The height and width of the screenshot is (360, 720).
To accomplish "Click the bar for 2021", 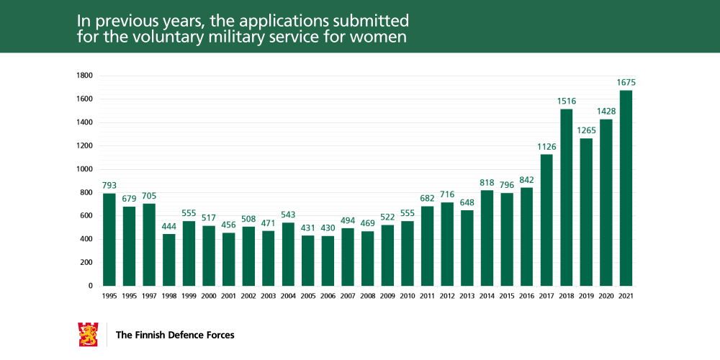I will (x=626, y=188).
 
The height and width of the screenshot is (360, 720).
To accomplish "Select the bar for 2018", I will (x=566, y=197).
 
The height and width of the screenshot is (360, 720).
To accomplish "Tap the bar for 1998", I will (x=169, y=260).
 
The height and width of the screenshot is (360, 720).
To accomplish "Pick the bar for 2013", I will (x=467, y=248).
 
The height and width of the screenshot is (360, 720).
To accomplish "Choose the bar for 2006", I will (x=328, y=261).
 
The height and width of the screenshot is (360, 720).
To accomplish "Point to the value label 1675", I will (x=626, y=83).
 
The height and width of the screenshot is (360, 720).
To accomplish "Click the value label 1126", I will (x=546, y=147).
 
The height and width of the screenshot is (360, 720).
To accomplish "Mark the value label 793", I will (x=109, y=186).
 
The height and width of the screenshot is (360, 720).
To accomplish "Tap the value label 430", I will (x=328, y=228).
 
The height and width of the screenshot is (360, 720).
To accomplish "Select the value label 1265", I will (x=586, y=130).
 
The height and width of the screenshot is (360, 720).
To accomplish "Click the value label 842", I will (x=526, y=180).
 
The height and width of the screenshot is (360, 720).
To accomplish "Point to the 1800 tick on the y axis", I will (x=84, y=76).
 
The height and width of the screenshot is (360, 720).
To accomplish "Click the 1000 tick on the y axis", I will (x=84, y=169).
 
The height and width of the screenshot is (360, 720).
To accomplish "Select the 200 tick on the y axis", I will (x=86, y=263).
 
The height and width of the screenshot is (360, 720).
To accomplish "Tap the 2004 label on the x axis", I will (x=288, y=295).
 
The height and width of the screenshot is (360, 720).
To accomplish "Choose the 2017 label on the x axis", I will (x=546, y=295).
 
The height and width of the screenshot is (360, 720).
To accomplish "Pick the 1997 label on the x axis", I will (x=149, y=295).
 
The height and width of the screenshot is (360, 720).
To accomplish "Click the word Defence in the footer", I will (x=186, y=335).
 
